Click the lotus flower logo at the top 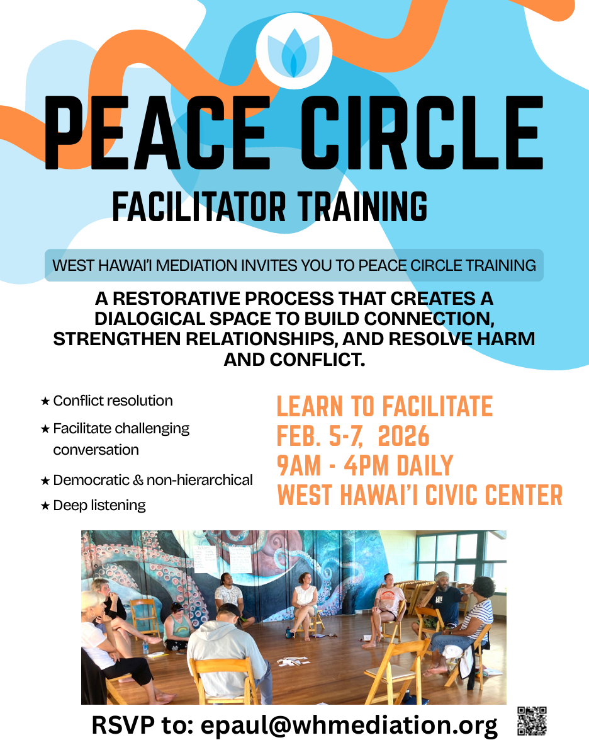point(294,51)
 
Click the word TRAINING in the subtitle point(362,207)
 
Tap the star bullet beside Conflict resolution point(45,401)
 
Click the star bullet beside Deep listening point(45,506)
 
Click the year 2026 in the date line point(404,436)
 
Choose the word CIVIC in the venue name point(461,495)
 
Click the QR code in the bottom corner point(532,721)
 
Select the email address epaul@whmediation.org point(349,725)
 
